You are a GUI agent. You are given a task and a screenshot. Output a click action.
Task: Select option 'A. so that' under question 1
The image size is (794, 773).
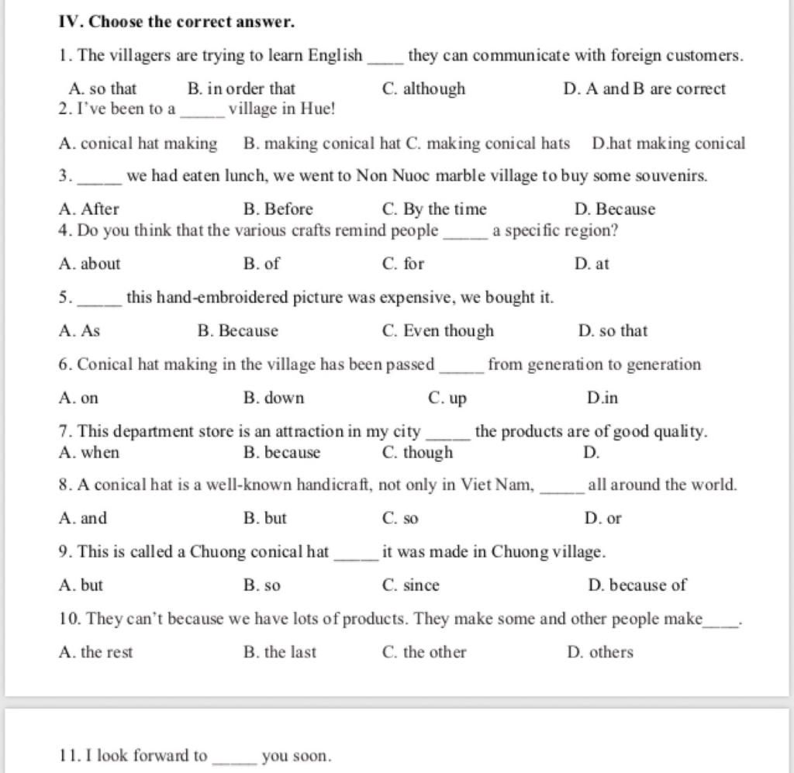102,88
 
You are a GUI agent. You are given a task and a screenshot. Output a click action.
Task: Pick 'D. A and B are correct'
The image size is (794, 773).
644,88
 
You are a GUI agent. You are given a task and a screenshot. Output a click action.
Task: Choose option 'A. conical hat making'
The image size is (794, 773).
138,143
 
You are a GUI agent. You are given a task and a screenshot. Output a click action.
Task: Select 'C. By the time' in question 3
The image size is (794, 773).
434,209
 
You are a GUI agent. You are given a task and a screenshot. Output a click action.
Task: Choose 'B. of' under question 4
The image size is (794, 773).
261,264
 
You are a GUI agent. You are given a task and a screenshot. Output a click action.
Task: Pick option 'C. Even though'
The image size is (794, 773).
438,331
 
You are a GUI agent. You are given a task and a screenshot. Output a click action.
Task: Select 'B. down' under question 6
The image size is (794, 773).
274,399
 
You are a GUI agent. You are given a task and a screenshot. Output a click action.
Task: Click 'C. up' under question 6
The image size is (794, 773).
447,399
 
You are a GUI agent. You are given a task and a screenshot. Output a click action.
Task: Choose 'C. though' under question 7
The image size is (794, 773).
418,453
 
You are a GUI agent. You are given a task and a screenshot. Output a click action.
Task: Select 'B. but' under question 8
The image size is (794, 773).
264,518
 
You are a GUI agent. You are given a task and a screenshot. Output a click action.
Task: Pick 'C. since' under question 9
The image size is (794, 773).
411,585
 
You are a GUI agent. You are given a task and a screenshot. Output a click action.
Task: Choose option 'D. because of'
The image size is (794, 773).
637,585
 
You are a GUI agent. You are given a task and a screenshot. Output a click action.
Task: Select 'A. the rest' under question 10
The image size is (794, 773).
95,652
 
